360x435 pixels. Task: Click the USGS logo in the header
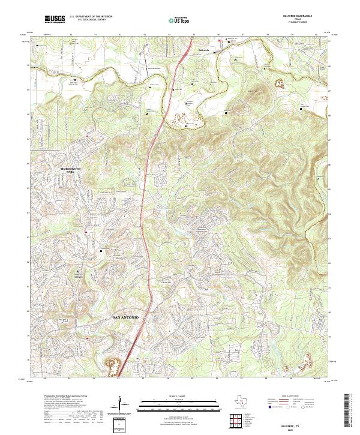pos(55,19)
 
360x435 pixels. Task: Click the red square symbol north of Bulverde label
pos(219,41)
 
